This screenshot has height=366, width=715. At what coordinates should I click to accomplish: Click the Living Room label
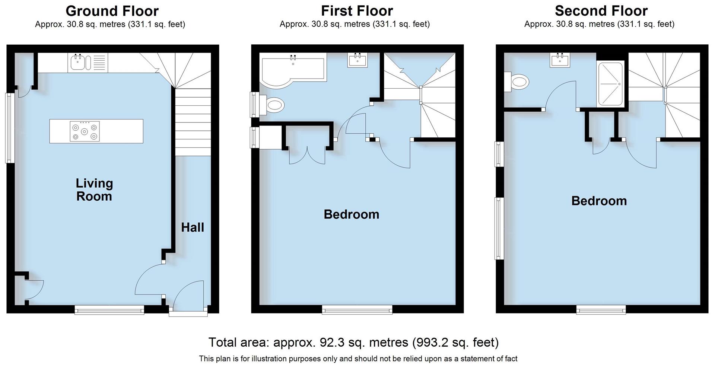(94, 190)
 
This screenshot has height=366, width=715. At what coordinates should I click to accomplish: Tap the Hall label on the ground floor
(193, 227)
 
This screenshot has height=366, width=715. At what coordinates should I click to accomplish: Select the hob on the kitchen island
(85, 131)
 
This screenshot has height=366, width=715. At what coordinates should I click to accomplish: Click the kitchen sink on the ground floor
(79, 63)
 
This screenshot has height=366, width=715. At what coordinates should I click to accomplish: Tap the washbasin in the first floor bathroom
(357, 60)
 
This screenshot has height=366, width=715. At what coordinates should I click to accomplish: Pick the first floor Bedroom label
(351, 214)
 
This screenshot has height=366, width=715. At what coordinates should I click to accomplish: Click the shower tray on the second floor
(610, 85)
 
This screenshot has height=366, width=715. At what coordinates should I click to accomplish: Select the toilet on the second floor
(518, 81)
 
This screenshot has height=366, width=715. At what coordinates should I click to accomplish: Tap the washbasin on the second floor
(560, 60)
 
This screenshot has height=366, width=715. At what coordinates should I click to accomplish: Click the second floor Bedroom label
(599, 201)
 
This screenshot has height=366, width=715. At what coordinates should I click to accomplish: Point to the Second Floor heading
(601, 11)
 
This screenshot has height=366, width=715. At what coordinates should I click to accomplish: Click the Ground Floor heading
(112, 11)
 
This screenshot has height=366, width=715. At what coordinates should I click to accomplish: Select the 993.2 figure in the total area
(430, 342)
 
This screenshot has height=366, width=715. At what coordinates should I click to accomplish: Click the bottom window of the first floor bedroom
(357, 309)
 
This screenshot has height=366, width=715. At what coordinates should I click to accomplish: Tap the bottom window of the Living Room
(109, 309)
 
